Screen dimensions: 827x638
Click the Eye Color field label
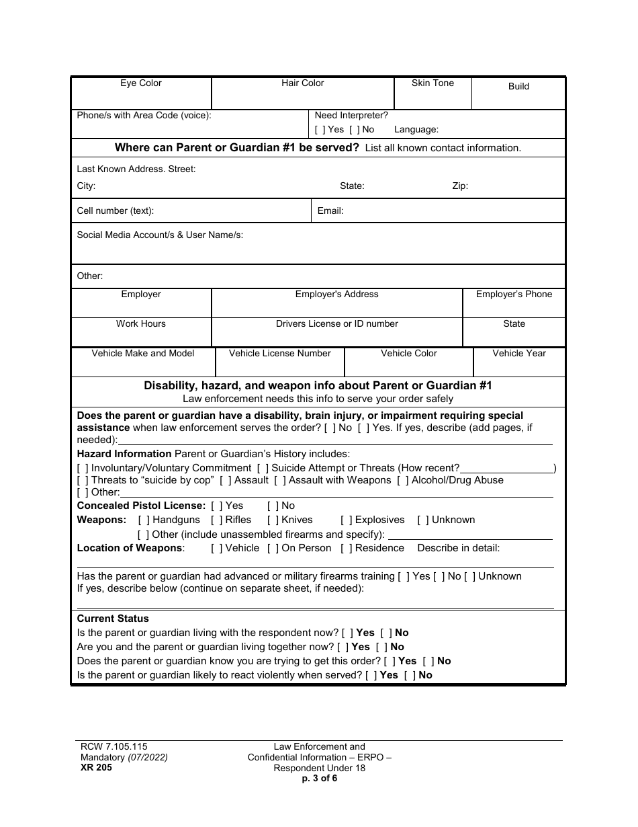tap(141, 83)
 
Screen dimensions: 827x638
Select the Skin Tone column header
tap(432, 83)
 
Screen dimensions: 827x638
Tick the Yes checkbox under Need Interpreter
tap(320, 130)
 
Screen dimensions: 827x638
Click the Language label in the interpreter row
tap(416, 130)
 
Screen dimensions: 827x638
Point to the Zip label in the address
tap(460, 186)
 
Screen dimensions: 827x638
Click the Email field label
tap(330, 211)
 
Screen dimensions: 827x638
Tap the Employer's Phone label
tap(514, 294)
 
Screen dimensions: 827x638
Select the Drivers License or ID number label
tap(336, 324)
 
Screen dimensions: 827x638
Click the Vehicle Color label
tap(409, 354)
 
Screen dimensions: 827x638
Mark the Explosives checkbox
tap(346, 520)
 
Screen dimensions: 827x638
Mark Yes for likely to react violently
tap(371, 676)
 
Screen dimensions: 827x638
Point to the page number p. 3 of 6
tap(320, 779)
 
